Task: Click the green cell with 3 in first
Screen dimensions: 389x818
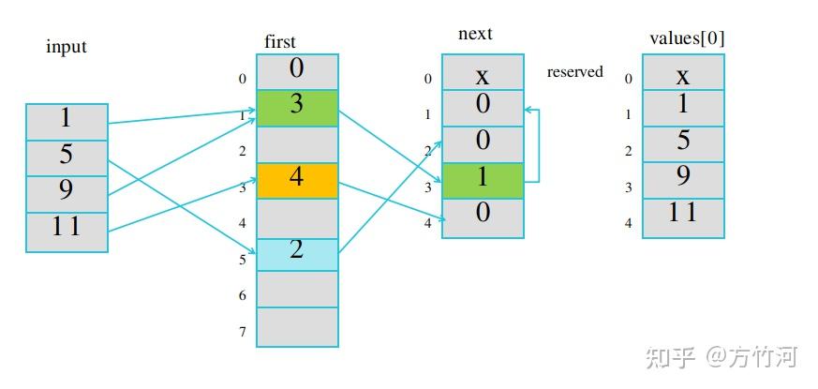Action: pos(297,108)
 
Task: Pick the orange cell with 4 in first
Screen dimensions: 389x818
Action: pos(297,180)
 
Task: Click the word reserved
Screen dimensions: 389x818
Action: pos(574,72)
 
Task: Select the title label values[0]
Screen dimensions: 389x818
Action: pos(687,38)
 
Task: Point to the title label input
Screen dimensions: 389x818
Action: pos(67,47)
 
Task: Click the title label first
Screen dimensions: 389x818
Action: pos(280,41)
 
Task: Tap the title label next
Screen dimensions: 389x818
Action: pos(475,35)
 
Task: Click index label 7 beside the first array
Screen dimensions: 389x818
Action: pos(242,331)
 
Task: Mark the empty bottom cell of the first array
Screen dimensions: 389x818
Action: pos(297,327)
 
